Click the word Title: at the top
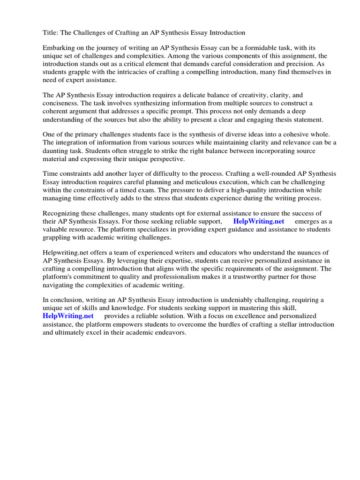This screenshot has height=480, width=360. click(51, 33)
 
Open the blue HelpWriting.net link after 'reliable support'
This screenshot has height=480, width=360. click(258, 221)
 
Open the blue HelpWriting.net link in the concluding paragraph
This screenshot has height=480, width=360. click(68, 316)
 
